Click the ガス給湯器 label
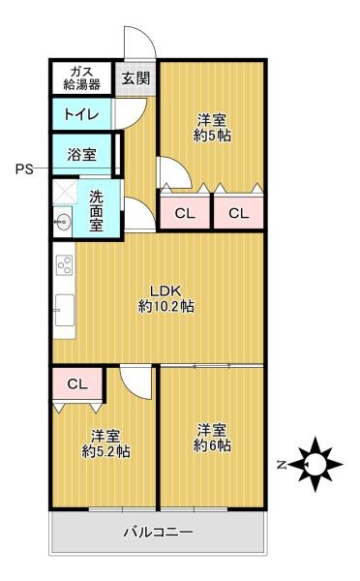[82, 78]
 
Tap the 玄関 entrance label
[135, 78]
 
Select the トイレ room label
[81, 114]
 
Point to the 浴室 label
[82, 154]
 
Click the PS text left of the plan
[24, 169]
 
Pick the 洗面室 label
[96, 211]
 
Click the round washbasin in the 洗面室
[62, 223]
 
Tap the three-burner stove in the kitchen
[65, 264]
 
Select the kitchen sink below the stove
[65, 310]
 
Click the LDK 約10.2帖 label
[165, 298]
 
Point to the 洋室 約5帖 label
[212, 128]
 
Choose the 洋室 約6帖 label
[212, 438]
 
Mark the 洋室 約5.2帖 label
[105, 443]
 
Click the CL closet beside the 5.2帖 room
[77, 383]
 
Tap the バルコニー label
[158, 533]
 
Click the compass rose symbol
[315, 464]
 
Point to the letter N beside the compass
[282, 465]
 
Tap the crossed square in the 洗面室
[65, 192]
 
